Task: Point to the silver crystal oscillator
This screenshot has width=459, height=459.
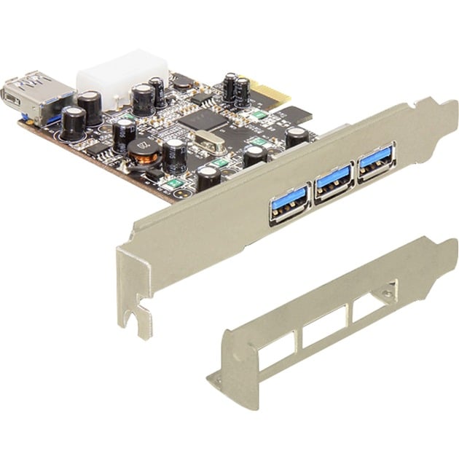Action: click(212, 140)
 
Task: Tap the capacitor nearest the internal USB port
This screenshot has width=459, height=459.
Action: click(72, 122)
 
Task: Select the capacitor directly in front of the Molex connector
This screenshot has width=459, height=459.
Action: click(142, 98)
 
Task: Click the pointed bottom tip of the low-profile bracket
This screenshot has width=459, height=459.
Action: click(213, 380)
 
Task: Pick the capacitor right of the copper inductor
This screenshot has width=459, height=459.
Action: click(174, 155)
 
